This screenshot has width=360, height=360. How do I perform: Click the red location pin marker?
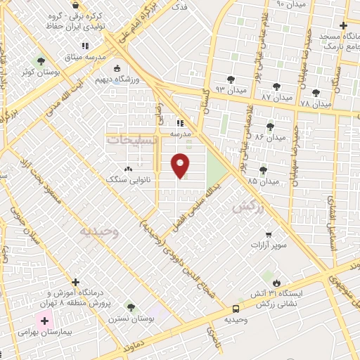click(x=181, y=165)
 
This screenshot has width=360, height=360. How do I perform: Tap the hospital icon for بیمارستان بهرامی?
click(x=45, y=320)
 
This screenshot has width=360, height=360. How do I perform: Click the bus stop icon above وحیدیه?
click(x=236, y=309)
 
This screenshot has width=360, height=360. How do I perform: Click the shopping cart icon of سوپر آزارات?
click(x=268, y=235)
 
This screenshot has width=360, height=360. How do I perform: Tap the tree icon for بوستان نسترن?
click(x=130, y=307)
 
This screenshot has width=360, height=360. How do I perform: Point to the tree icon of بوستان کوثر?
click(x=40, y=61)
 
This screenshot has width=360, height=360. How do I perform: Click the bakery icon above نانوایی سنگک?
click(x=128, y=169)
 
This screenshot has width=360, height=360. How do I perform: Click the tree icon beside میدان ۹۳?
click(x=231, y=79)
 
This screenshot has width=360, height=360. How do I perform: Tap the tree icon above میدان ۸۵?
click(x=263, y=169)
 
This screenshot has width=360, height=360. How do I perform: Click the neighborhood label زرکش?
click(x=247, y=207)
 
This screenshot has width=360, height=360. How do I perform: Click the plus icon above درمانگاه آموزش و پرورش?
click(x=75, y=281)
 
